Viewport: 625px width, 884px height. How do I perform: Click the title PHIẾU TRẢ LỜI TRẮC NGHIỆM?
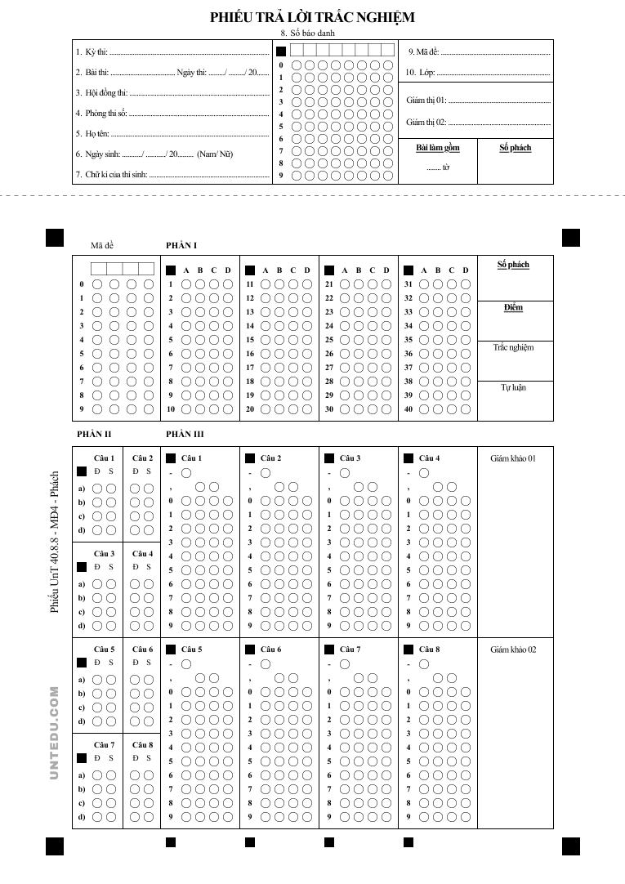312,17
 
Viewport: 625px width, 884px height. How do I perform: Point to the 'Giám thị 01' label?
426,100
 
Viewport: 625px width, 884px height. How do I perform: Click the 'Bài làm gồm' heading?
437,148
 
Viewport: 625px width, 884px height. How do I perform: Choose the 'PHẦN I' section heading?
181,245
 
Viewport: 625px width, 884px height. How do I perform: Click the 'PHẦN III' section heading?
185,435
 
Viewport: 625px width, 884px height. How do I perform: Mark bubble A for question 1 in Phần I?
186,284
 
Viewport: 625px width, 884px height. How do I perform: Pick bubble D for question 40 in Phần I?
466,409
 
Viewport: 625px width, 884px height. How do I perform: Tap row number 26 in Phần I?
329,354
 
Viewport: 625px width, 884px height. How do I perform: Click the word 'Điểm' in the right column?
513,308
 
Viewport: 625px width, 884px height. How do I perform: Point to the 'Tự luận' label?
513,387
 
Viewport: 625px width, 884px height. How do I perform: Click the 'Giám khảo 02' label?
513,650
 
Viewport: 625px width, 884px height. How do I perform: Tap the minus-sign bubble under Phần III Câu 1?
186,473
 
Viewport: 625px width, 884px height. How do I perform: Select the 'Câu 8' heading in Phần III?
429,650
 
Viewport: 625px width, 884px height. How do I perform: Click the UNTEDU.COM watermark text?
55,732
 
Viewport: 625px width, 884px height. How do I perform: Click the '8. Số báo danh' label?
307,33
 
